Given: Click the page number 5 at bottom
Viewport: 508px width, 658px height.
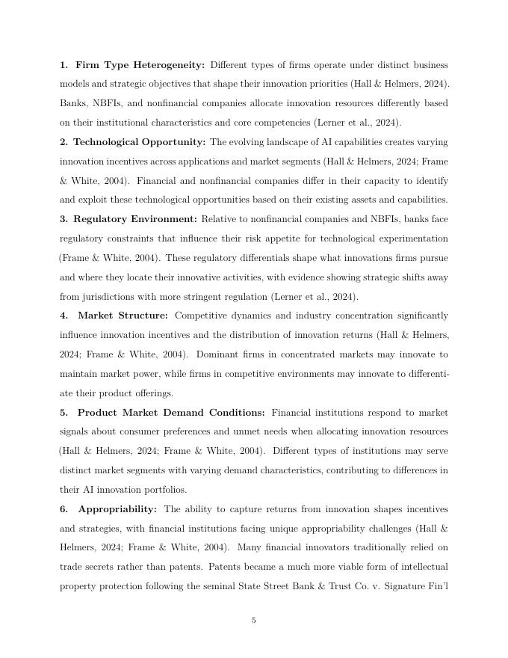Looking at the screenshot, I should tap(254, 620).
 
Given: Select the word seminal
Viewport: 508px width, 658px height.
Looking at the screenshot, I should tap(221, 587).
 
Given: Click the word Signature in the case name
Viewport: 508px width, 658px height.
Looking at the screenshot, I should tap(397, 587).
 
